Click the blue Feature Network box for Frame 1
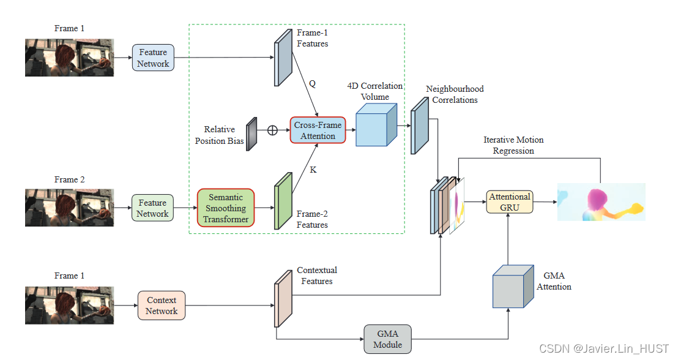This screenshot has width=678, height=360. tap(153, 58)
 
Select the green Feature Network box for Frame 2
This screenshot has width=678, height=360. tap(152, 208)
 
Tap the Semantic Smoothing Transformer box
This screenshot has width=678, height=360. tap(226, 208)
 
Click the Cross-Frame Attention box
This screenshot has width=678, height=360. tap(318, 130)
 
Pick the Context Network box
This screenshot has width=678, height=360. tap(161, 306)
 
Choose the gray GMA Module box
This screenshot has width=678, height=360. tap(387, 339)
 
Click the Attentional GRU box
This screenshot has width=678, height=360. tap(509, 202)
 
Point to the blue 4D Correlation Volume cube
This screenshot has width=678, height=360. tap(375, 125)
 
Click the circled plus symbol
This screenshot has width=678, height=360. tap(272, 130)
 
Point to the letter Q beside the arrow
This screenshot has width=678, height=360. tap(312, 84)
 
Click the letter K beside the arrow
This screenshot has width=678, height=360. tap(313, 170)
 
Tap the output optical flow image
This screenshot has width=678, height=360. tap(601, 202)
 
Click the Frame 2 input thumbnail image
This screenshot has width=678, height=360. tap(69, 208)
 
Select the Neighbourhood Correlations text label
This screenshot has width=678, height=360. tap(455, 94)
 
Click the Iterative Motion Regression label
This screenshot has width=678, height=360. tap(513, 145)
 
